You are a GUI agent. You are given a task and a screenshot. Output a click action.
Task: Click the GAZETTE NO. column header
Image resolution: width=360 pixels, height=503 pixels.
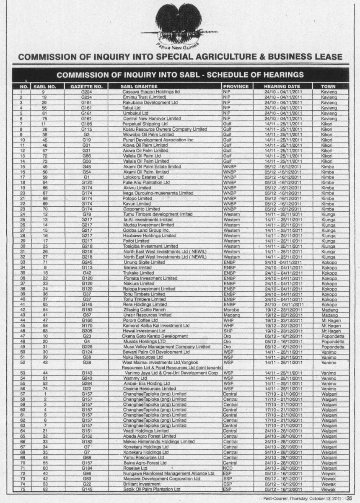coord(86,86)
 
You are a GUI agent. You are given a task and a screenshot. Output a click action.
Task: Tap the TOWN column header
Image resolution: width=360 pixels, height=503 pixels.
coord(329,86)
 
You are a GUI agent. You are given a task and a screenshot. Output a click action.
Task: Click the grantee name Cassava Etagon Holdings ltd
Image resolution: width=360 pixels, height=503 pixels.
coord(151,91)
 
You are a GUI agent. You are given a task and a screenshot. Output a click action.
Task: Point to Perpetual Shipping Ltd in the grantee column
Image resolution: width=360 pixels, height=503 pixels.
coord(145,124)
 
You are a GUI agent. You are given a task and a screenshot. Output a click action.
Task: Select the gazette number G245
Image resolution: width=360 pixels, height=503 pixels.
coord(86,262)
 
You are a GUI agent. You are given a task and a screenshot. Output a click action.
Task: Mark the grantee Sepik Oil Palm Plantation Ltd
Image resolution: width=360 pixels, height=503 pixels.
coord(152,489)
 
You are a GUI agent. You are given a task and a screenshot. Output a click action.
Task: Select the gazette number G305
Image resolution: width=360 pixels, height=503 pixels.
coord(86,331)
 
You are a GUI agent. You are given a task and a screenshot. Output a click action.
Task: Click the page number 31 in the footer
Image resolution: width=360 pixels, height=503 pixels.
coord(349,498)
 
